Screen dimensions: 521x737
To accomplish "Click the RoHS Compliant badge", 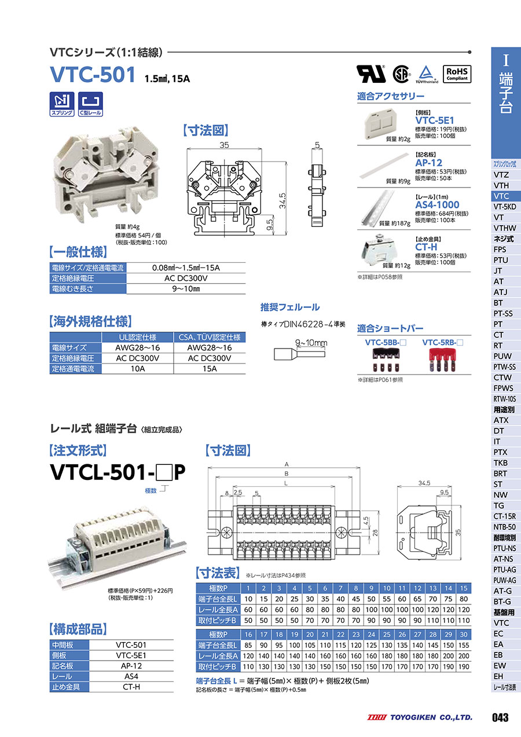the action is [457, 74].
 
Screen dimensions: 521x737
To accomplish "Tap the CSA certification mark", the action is [401, 74].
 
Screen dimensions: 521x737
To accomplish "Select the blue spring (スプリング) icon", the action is [62, 104].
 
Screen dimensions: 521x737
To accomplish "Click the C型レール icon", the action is [90, 104].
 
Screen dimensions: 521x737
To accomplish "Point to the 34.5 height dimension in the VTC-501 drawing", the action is [282, 200].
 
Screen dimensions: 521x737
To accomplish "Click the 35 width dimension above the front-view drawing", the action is [224, 145].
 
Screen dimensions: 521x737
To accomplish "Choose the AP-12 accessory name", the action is [428, 163].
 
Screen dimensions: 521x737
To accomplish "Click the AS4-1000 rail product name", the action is [437, 204].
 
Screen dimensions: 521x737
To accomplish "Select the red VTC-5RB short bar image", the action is [442, 360].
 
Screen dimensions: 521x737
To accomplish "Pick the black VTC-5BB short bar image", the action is [386, 360].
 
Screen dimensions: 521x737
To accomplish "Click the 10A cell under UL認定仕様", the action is [138, 369].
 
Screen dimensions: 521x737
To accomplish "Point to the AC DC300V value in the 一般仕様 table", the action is [186, 278].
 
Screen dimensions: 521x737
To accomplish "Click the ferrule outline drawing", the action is [299, 354].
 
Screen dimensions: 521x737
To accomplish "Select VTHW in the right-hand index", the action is [505, 228].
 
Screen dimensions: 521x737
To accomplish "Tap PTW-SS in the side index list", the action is [505, 367].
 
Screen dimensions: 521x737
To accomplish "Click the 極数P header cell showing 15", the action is [464, 588].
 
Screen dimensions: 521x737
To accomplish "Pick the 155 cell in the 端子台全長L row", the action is [464, 646].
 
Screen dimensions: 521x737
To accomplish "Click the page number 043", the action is [500, 717].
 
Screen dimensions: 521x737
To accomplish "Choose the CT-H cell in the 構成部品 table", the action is [131, 687].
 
